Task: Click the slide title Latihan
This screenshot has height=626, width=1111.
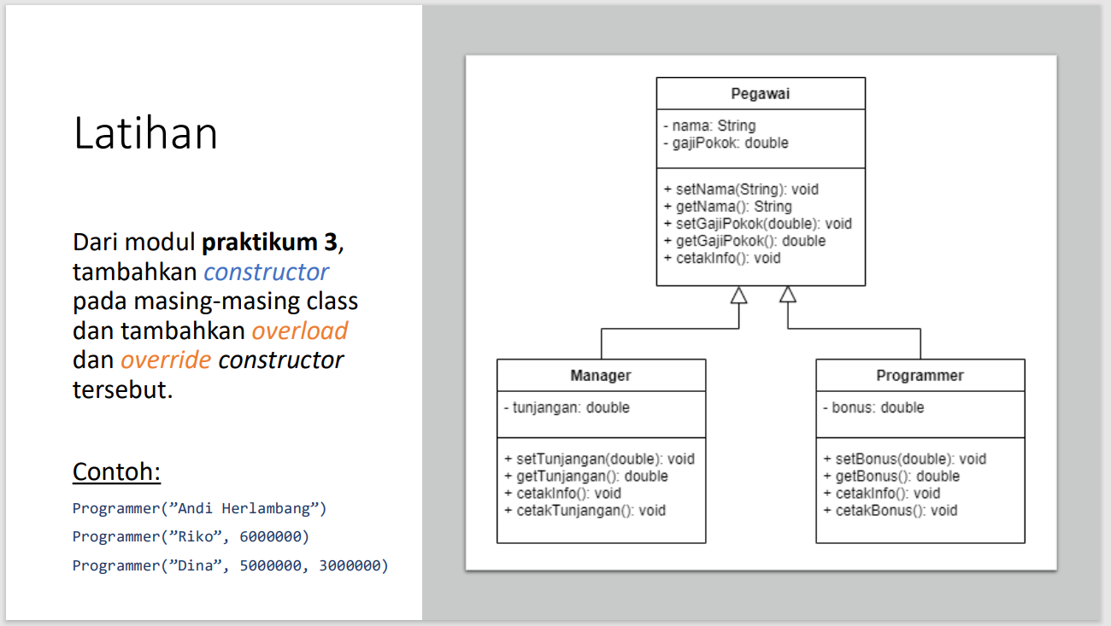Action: [145, 134]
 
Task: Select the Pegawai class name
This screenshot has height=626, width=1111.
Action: [760, 94]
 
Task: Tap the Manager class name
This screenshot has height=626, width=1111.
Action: [601, 376]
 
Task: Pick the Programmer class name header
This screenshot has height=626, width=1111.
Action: [920, 376]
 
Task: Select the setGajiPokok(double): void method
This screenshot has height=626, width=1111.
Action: [757, 224]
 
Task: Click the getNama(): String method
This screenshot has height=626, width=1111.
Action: [727, 207]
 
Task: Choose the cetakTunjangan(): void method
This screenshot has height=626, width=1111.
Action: [585, 511]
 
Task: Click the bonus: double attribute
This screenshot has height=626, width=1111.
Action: [873, 407]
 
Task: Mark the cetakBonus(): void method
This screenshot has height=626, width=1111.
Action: [890, 511]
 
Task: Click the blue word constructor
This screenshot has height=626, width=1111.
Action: [266, 272]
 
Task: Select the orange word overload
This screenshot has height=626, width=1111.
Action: [299, 331]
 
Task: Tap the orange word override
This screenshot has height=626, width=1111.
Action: [166, 360]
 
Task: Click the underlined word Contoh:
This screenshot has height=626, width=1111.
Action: [116, 471]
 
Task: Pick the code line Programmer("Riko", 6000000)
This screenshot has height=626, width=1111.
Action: [191, 536]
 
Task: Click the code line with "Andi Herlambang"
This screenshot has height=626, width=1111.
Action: [199, 508]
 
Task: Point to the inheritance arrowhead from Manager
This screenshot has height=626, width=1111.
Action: [738, 295]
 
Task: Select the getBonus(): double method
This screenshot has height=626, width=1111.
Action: [891, 476]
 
